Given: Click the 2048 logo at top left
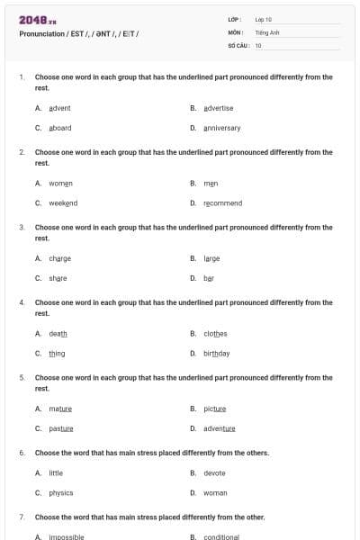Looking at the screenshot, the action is point(37,19).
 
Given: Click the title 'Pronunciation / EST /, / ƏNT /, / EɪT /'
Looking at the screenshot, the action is point(78,33).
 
